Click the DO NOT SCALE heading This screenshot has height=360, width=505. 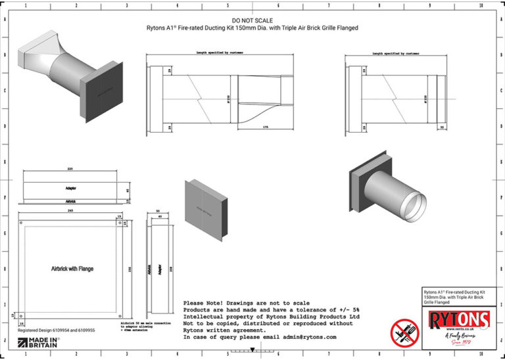[x=252, y=21]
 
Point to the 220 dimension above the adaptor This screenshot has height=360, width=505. [x=69, y=168]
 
